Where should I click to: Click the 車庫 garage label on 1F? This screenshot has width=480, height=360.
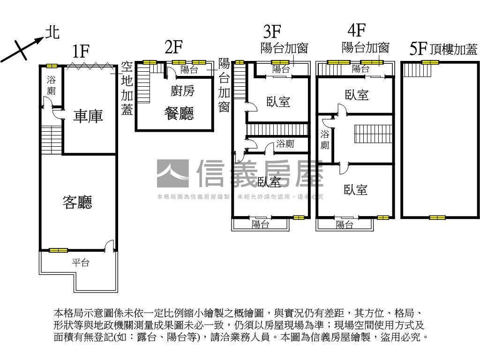(88, 116)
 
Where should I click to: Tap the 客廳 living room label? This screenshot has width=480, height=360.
(77, 202)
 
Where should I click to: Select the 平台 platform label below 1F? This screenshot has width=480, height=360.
(80, 262)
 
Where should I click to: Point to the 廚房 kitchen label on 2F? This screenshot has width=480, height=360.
(182, 91)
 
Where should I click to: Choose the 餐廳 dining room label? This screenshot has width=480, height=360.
(179, 113)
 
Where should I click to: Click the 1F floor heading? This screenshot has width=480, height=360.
(81, 51)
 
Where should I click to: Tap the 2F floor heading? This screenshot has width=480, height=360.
(173, 47)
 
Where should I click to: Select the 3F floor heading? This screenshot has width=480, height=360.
(271, 32)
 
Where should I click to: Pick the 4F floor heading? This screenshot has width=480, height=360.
(356, 30)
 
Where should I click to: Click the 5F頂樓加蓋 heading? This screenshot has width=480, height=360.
(443, 49)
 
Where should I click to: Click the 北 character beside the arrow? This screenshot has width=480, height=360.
(52, 32)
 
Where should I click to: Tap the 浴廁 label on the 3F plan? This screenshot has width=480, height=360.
(285, 144)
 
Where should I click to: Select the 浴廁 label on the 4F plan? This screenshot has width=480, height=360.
(325, 139)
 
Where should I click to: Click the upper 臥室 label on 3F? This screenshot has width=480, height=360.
(278, 102)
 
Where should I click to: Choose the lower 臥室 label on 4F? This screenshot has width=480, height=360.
(355, 189)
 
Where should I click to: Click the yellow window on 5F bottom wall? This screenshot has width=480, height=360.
(437, 217)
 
